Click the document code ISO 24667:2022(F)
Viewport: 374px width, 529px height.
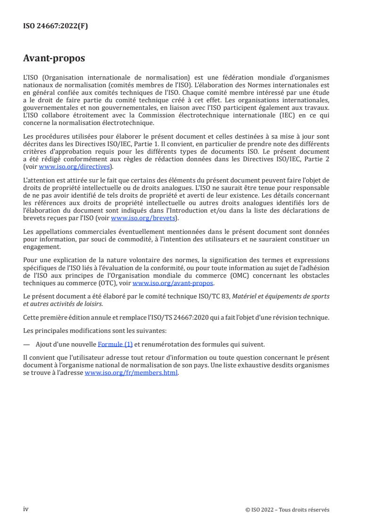tap(55, 26)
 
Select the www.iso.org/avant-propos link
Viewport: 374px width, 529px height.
tap(173, 283)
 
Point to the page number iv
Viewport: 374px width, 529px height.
tap(26, 509)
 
